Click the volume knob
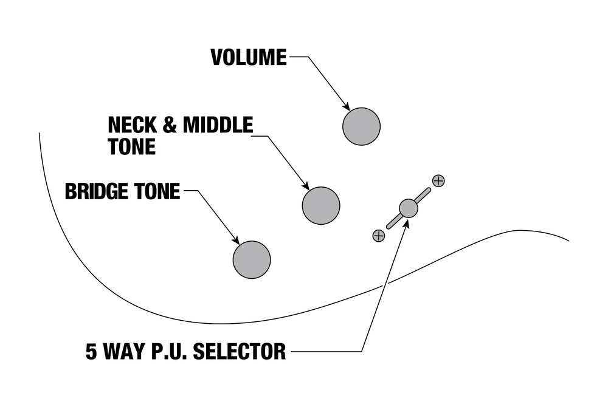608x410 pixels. [x=361, y=126]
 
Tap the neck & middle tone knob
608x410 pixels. [x=321, y=205]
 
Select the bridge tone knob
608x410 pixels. [x=252, y=259]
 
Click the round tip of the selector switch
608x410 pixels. [x=409, y=208]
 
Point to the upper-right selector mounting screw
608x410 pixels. [x=438, y=180]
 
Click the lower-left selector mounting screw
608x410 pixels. [x=378, y=236]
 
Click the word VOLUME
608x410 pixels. [x=248, y=57]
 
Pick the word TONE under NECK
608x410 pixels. [x=131, y=146]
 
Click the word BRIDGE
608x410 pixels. [x=94, y=191]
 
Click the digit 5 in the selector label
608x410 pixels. [x=91, y=352]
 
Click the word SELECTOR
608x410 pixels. [x=241, y=352]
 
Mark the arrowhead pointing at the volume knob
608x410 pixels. [x=346, y=106]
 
